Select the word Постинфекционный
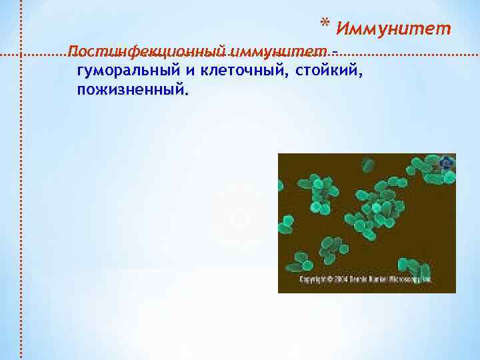tap(147, 52)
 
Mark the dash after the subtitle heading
tap(334, 52)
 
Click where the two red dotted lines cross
tap(22, 53)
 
